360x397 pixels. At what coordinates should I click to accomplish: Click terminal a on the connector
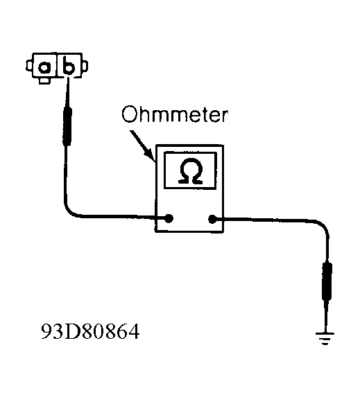44,67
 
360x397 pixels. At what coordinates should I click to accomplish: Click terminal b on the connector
69,65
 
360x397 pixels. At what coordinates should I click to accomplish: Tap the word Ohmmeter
175,114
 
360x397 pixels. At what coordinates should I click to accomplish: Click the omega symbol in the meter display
191,170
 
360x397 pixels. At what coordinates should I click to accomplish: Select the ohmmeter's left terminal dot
169,218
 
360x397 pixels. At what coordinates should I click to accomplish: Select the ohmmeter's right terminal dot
212,219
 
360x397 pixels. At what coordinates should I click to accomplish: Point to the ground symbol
325,338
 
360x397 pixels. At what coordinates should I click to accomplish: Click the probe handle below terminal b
67,126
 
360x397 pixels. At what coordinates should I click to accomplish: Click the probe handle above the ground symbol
327,281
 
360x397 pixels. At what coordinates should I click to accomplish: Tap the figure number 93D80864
90,331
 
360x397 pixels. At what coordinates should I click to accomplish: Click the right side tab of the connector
85,66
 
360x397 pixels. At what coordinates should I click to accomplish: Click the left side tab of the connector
29,66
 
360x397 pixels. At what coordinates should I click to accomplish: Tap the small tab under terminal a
44,80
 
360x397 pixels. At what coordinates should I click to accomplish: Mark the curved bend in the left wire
70,211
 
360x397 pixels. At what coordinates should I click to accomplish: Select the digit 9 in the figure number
46,331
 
